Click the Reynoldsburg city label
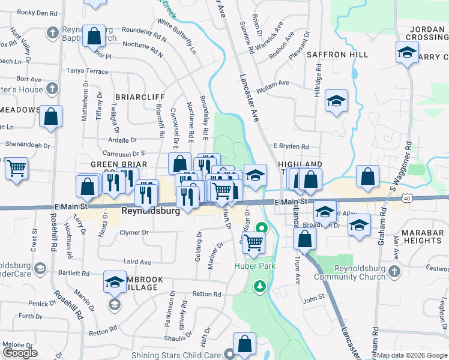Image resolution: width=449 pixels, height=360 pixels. tap(151, 212)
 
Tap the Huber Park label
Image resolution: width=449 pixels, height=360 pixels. tap(252, 265)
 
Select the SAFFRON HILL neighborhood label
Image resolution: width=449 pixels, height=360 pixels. tap(337, 55)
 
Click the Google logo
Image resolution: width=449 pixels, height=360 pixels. tap(20, 353)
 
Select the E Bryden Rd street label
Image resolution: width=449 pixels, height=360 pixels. tap(291, 146)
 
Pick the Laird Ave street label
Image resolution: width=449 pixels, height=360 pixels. tap(137, 262)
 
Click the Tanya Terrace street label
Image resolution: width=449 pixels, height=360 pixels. tap(88, 71)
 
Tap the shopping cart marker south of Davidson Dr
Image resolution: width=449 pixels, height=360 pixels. tap(255, 242)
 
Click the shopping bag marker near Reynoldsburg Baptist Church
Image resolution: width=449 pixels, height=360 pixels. tap(94, 36)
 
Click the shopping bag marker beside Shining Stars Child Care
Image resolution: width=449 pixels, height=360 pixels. tap(244, 344)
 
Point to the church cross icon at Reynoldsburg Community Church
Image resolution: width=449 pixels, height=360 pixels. tap(394, 271)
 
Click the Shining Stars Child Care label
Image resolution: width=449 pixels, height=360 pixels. tap(176, 355)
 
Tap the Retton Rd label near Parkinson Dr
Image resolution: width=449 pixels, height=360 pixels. tap(207, 295)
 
